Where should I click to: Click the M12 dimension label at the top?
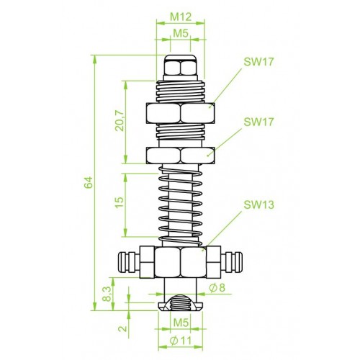(181, 17)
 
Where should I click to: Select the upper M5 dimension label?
(181, 33)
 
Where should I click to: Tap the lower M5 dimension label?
(181, 323)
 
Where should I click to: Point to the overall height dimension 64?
(89, 182)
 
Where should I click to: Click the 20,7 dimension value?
(120, 121)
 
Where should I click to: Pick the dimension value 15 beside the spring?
(120, 202)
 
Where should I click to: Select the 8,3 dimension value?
(107, 294)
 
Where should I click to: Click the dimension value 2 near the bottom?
(122, 328)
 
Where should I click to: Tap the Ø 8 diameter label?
(217, 287)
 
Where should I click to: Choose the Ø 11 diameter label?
(181, 341)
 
